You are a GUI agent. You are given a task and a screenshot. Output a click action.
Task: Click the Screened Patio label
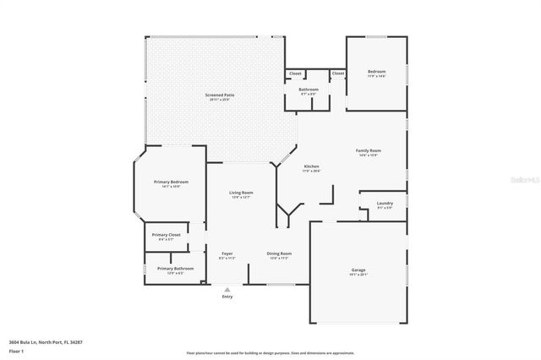[219, 96]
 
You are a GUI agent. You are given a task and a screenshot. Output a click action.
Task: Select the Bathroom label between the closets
[309, 90]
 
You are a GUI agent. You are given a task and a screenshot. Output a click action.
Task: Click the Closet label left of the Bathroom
[295, 74]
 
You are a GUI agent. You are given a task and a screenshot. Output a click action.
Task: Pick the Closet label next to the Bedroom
[338, 74]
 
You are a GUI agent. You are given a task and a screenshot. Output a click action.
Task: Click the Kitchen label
[311, 167]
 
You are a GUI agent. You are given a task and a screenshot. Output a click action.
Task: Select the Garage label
[358, 271]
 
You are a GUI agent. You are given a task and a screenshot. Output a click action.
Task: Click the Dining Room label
[279, 254]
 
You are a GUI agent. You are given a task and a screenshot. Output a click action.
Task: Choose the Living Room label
[241, 194]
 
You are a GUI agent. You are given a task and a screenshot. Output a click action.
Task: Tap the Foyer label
[227, 254]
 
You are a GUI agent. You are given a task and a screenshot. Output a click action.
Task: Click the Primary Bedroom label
[171, 183]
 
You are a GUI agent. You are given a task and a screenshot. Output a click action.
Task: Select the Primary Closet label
[166, 236]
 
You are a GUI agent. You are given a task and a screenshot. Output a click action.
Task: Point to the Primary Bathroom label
[175, 270]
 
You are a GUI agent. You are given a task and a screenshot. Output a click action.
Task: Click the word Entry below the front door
[227, 297]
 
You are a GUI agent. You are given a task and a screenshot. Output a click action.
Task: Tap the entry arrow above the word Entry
[227, 289]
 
